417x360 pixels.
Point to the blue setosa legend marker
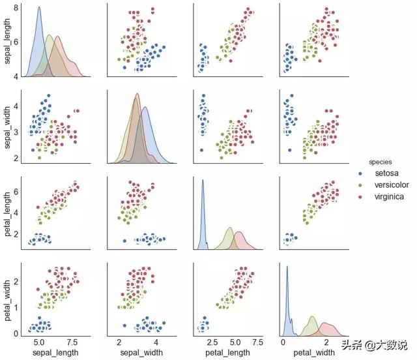[x=361, y=173]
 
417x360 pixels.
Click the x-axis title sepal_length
[x=51, y=353]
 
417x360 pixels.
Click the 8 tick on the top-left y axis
[x=16, y=8]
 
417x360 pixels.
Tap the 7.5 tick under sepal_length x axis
[x=72, y=342]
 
